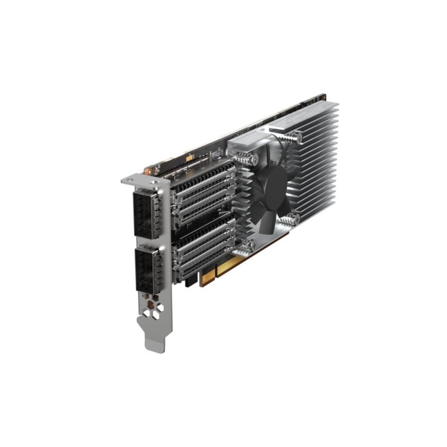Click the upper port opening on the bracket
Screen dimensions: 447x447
[144, 214]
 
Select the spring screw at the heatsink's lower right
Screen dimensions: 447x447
[293, 219]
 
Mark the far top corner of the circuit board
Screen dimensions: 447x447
[323, 96]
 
